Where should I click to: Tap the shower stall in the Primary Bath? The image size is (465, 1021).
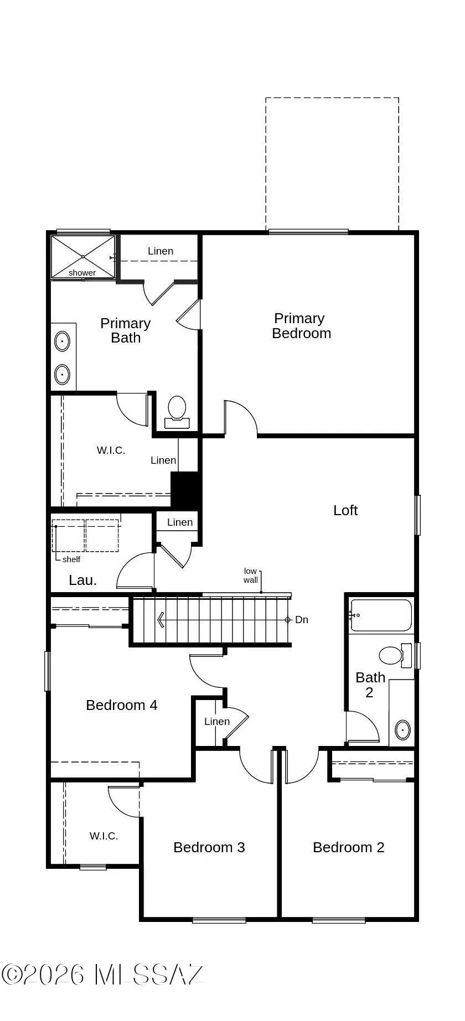click(83, 257)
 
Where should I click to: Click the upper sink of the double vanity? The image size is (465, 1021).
click(63, 341)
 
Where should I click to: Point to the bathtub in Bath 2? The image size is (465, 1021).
click(381, 615)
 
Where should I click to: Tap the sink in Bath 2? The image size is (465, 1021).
click(402, 730)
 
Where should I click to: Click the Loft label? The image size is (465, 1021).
click(345, 510)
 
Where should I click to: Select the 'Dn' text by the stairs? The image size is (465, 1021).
click(302, 620)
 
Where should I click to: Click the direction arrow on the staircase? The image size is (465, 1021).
click(161, 620)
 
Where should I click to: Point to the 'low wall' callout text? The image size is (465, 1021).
click(251, 576)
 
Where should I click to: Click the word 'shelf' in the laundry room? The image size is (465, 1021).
click(71, 559)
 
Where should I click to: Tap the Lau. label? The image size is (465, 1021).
click(83, 581)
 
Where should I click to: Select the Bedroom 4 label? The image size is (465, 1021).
click(122, 705)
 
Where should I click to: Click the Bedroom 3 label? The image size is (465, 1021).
click(209, 847)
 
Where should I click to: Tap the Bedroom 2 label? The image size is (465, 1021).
click(348, 847)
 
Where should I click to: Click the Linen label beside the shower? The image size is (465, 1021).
click(161, 251)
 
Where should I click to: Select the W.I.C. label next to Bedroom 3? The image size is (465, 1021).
click(104, 836)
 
